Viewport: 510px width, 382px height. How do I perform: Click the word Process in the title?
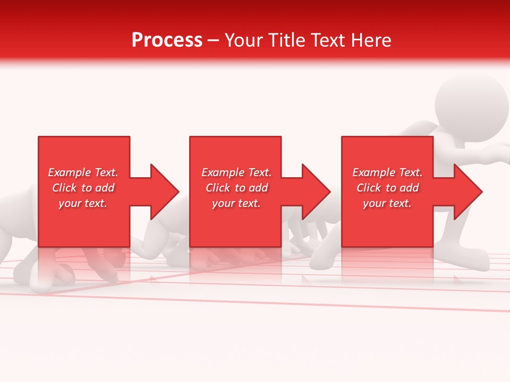[x=167, y=40]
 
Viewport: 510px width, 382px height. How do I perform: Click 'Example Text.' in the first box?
[x=83, y=172]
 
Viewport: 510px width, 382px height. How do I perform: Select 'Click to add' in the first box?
[x=83, y=188]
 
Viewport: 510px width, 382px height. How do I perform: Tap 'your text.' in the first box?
[x=83, y=203]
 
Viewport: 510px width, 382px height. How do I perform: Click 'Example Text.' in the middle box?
[x=236, y=172]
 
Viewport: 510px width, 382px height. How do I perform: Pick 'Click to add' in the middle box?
[x=236, y=188]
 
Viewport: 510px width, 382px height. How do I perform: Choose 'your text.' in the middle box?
[x=236, y=203]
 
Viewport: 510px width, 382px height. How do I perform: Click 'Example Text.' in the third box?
[x=387, y=172]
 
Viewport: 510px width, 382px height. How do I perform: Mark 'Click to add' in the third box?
[x=387, y=188]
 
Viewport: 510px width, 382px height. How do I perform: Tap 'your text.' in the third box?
[x=387, y=203]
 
